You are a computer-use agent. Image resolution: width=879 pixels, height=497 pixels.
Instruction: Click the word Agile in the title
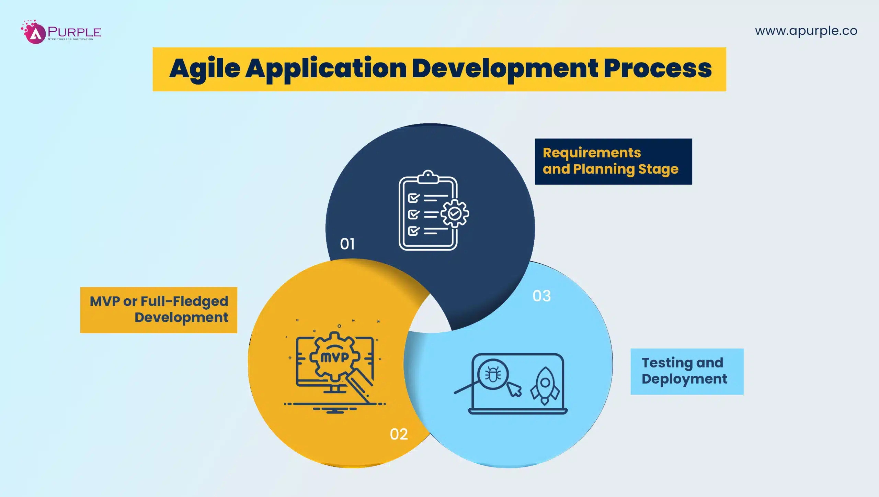[x=205, y=69]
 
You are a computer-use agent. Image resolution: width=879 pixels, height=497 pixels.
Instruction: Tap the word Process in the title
[x=658, y=69]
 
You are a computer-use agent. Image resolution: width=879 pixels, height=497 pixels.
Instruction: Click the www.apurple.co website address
[x=806, y=31]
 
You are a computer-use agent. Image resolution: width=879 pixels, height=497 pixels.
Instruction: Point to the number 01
[x=347, y=244]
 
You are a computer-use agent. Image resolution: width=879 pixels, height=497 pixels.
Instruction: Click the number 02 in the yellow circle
[x=399, y=434]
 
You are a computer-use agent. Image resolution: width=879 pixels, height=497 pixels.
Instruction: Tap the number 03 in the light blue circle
[x=541, y=296]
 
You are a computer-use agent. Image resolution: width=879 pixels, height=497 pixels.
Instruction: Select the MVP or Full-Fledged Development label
[x=159, y=310]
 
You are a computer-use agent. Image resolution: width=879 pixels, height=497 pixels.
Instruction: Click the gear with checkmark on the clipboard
[x=455, y=213]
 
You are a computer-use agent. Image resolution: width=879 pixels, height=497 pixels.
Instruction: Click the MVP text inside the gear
[x=334, y=357]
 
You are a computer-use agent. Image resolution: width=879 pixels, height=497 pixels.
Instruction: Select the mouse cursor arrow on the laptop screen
[x=514, y=389]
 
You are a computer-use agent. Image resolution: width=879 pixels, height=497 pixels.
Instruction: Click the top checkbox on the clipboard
[x=413, y=198]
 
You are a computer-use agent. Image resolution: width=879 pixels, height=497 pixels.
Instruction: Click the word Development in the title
[x=505, y=69]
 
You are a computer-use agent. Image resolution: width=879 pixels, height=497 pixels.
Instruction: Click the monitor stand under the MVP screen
[x=335, y=390]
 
